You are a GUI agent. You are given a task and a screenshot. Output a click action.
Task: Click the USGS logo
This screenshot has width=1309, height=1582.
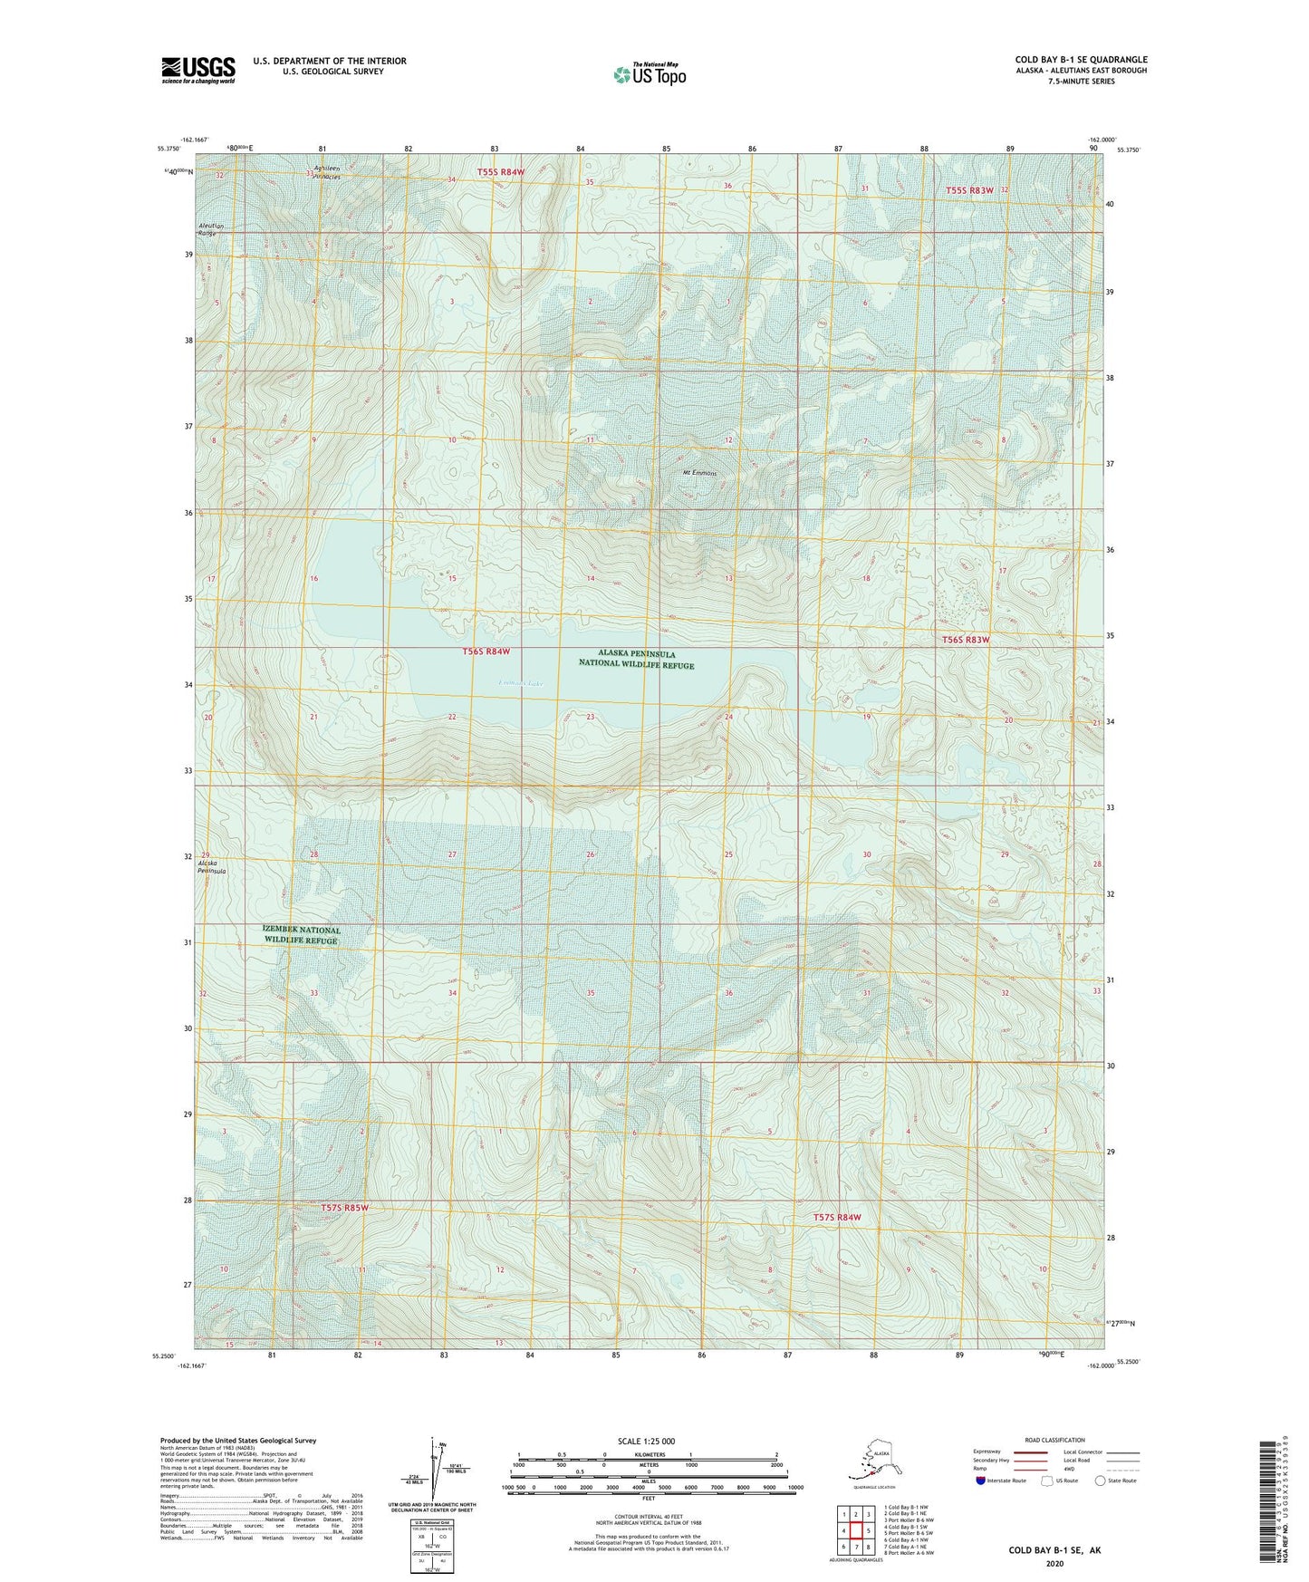(x=197, y=70)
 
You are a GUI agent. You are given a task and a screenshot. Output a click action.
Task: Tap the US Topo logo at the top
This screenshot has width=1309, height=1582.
(x=649, y=74)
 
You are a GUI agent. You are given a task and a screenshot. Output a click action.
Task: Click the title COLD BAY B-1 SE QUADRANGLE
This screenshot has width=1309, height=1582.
(x=1081, y=60)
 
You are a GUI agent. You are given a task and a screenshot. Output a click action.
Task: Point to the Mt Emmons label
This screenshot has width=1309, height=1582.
(x=698, y=473)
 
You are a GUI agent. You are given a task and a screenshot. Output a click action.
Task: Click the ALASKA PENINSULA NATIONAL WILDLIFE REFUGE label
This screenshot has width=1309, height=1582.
(x=636, y=660)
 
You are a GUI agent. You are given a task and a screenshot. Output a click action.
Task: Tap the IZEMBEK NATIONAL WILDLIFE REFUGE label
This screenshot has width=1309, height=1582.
(x=302, y=935)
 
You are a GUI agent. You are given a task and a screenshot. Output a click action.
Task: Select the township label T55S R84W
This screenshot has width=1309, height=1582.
(x=501, y=172)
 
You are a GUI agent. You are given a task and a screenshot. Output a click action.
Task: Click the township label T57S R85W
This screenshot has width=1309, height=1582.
(x=345, y=1208)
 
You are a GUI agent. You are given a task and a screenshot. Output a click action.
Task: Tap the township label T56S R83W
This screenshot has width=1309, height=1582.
(x=966, y=640)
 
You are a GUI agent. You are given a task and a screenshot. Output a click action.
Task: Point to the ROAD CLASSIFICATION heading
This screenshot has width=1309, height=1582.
(x=1054, y=1440)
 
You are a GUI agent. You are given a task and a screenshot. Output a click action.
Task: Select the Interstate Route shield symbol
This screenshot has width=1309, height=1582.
(x=980, y=1481)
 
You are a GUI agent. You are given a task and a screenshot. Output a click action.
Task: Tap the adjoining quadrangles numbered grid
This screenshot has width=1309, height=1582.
(x=855, y=1529)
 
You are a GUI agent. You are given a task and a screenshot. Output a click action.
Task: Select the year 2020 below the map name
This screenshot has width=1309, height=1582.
(x=1054, y=1563)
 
